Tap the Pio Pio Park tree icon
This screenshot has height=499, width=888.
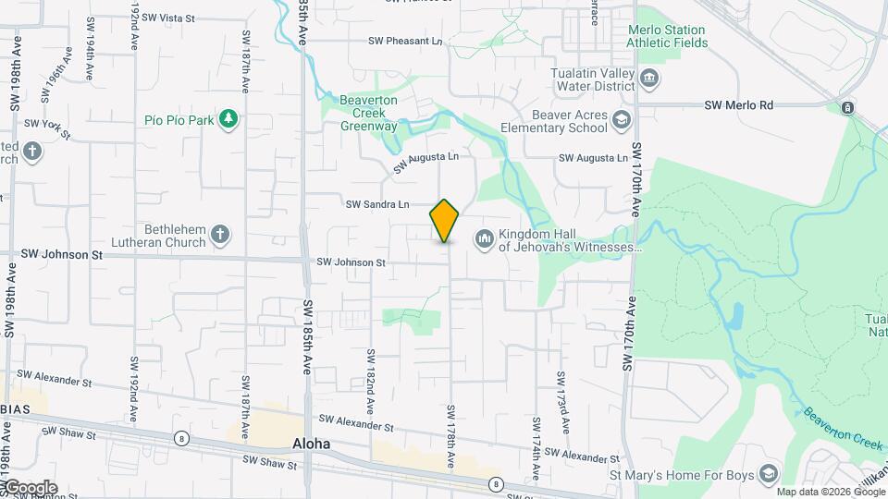coord(228,119)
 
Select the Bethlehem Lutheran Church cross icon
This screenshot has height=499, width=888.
coord(220,235)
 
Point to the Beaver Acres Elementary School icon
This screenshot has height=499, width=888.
coord(621,120)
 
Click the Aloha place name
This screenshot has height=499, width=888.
coord(311,444)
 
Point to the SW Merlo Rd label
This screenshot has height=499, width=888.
coord(738,106)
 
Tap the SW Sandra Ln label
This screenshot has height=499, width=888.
coord(377,204)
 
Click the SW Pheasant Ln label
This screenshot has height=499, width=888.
coord(406,42)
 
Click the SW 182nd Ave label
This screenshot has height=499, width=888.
coord(370,381)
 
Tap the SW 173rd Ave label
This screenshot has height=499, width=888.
coord(561,403)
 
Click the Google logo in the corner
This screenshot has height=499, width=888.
coord(30,488)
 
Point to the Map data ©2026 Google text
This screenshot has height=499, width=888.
coord(831,492)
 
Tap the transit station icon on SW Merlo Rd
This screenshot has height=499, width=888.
coord(847,109)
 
